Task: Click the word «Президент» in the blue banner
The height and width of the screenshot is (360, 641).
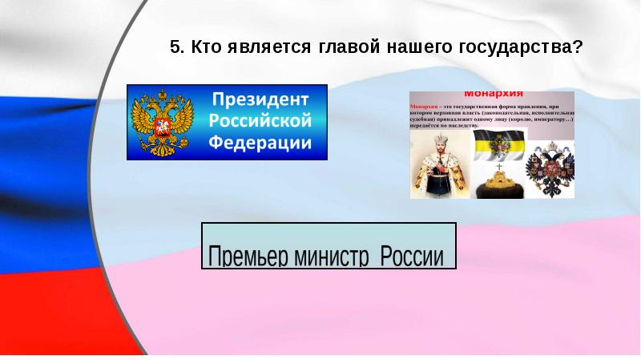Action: click(259, 101)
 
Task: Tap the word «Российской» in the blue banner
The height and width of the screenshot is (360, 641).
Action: click(259, 122)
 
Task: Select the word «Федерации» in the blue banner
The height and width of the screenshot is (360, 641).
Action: click(260, 143)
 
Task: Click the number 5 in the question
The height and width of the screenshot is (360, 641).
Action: click(174, 47)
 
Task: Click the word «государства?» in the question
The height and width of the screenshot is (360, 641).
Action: click(520, 47)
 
